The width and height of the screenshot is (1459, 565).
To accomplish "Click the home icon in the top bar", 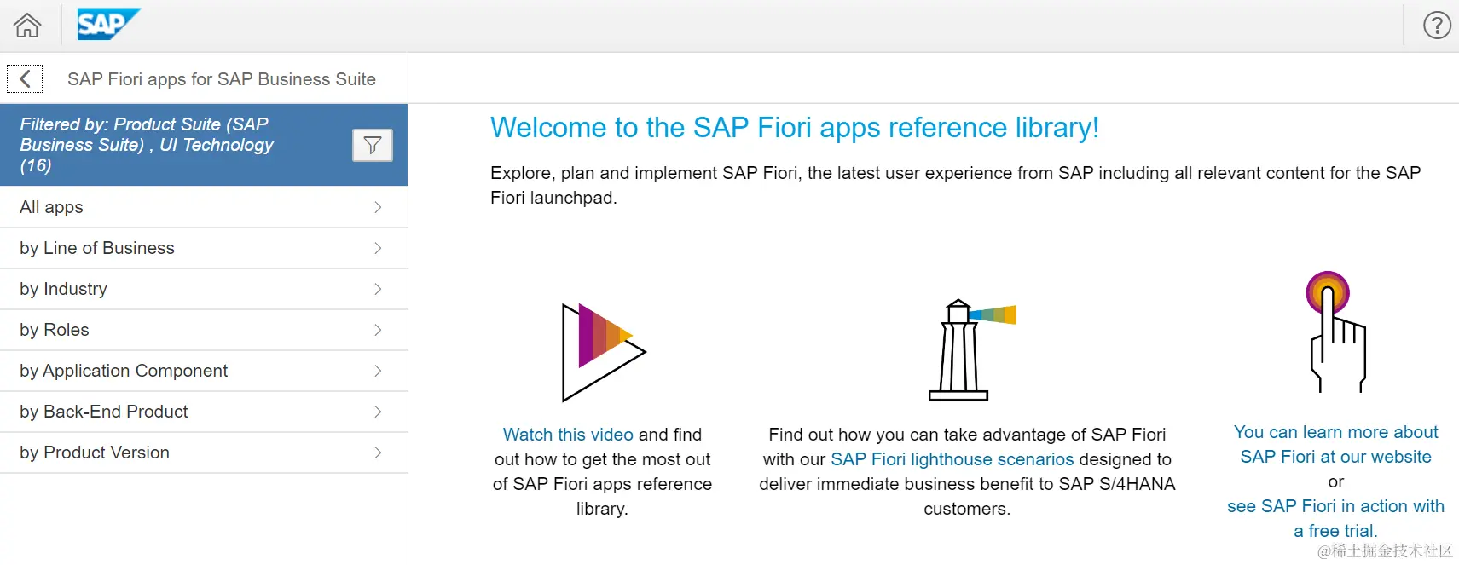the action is click(27, 26).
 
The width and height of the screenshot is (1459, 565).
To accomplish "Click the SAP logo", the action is click(108, 24).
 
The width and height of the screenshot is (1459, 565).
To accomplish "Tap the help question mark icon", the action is click(1436, 26).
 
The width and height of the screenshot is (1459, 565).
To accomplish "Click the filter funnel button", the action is click(373, 145).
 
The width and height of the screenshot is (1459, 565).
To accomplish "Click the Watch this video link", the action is click(568, 434).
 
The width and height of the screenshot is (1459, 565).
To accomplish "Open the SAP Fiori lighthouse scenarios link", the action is click(952, 458).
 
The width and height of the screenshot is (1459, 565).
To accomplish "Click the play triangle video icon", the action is click(604, 352).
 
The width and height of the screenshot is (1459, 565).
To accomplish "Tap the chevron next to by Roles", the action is click(378, 330).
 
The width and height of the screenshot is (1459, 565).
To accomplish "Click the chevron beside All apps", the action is click(378, 207).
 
